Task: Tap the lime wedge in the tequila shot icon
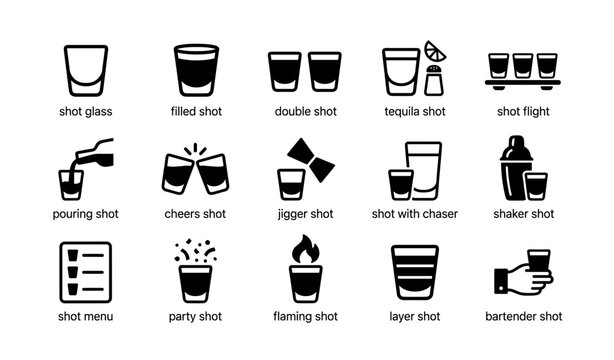coord(437,50)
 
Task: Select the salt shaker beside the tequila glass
coord(433,80)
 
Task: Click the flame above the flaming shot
coord(305,249)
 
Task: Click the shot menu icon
coord(83,272)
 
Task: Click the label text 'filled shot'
coord(194,111)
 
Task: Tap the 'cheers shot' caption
coord(194,214)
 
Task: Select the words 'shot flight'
coord(524,111)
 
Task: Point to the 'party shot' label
coord(194,317)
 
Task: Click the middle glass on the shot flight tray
coord(523,66)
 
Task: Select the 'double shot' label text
coord(304,111)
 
